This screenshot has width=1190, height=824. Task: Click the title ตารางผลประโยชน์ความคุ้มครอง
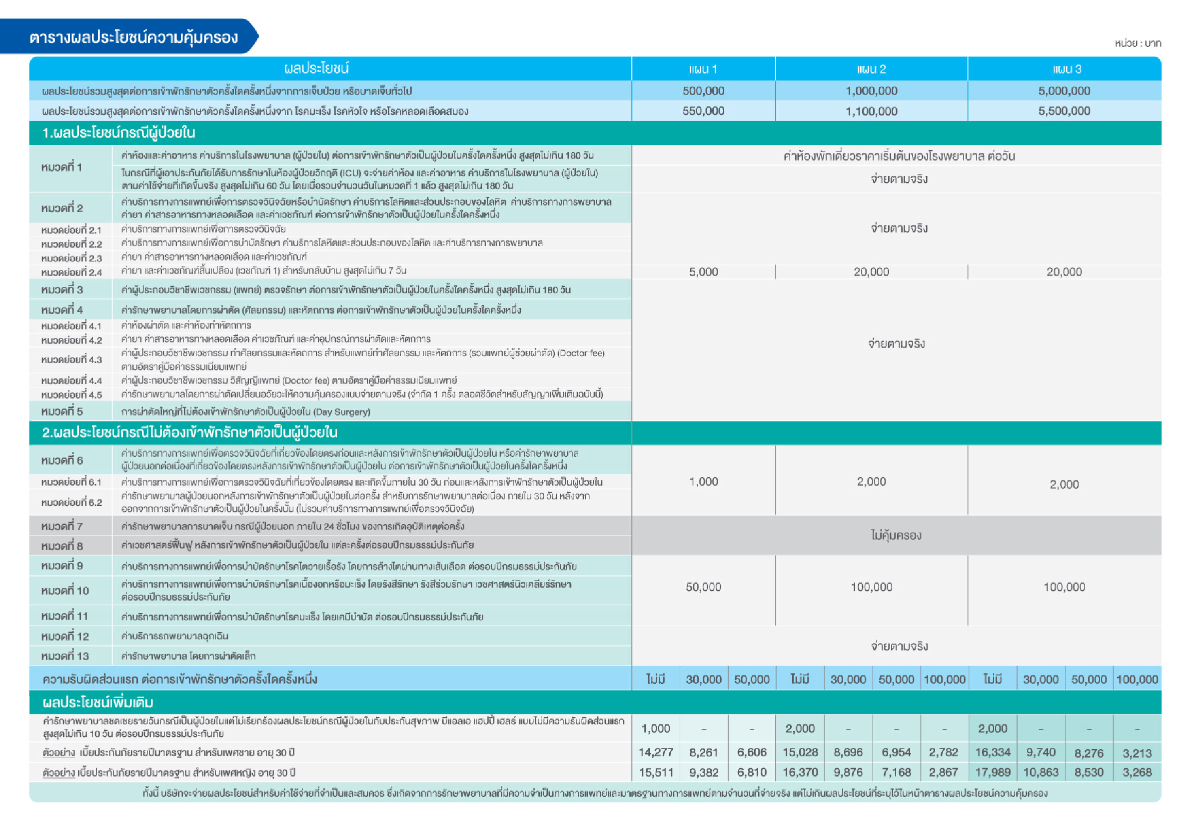pyautogui.click(x=133, y=37)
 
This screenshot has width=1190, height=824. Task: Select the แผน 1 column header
pyautogui.click(x=703, y=69)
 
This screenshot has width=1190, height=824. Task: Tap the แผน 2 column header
pyautogui.click(x=871, y=69)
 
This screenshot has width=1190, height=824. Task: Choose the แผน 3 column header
pyautogui.click(x=1064, y=69)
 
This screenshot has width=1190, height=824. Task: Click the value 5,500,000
pyautogui.click(x=1064, y=111)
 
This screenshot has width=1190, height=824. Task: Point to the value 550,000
pyautogui.click(x=703, y=111)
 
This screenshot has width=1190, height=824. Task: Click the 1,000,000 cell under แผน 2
pyautogui.click(x=871, y=91)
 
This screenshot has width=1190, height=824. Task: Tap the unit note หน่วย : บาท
pyautogui.click(x=1138, y=43)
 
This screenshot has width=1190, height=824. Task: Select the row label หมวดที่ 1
pyautogui.click(x=62, y=167)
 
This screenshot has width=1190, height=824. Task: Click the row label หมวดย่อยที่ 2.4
pyautogui.click(x=72, y=272)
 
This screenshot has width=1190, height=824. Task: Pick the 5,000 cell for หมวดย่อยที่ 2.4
pyautogui.click(x=703, y=272)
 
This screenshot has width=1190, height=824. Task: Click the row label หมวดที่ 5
pyautogui.click(x=62, y=411)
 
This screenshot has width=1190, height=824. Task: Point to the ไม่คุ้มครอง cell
pyautogui.click(x=896, y=535)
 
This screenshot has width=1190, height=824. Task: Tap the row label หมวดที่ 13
pyautogui.click(x=65, y=656)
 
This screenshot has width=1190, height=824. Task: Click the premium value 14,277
pyautogui.click(x=655, y=752)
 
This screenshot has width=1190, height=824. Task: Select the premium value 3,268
pyautogui.click(x=1137, y=772)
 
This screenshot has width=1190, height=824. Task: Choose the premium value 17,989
pyautogui.click(x=993, y=772)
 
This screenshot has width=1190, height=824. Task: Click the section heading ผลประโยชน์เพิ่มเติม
pyautogui.click(x=98, y=702)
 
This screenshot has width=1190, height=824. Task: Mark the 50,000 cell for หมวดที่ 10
pyautogui.click(x=703, y=587)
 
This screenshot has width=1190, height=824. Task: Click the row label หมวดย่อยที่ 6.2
pyautogui.click(x=72, y=502)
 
